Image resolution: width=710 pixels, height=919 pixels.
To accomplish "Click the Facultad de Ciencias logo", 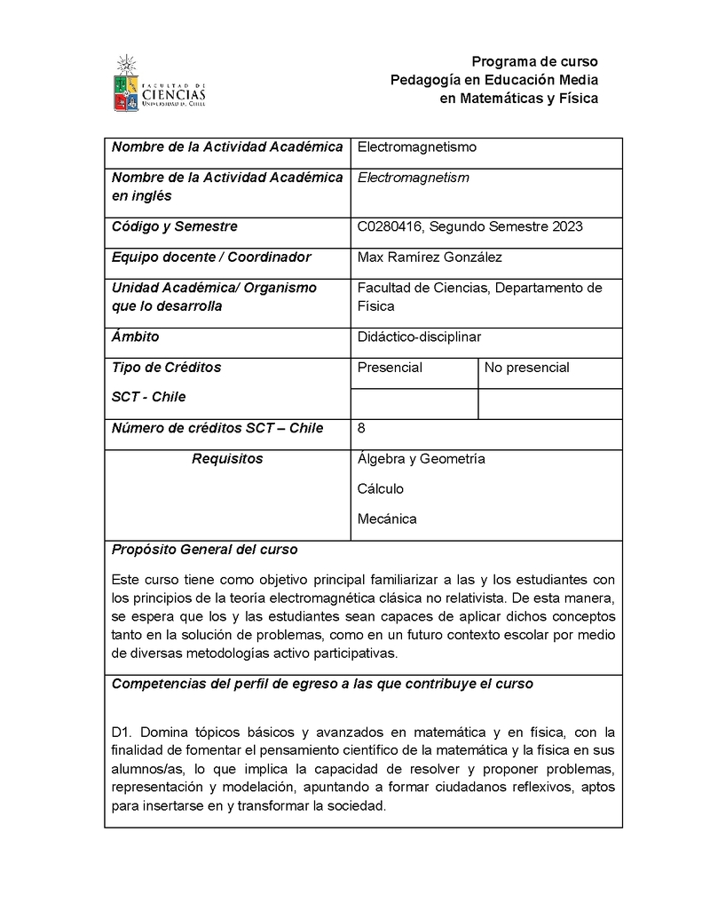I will [x=160, y=83].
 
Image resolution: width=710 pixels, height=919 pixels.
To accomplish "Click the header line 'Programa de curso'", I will [x=534, y=61].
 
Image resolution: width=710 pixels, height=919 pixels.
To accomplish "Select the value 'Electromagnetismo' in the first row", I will [x=416, y=147].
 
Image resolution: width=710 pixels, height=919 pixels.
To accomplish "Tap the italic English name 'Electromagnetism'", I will [x=413, y=178].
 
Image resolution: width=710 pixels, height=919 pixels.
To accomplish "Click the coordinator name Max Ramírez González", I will [x=429, y=257].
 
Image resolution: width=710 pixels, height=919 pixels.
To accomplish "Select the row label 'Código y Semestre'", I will [x=174, y=226].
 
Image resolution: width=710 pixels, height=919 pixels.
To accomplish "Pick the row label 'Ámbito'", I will [x=135, y=337].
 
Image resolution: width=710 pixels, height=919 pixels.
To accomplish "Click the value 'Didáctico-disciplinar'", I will [x=419, y=337].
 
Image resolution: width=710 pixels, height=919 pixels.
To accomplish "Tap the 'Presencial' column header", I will [x=390, y=368].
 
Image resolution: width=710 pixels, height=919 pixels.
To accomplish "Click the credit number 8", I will [x=361, y=428].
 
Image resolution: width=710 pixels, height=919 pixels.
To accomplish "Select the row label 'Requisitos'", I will [x=227, y=459].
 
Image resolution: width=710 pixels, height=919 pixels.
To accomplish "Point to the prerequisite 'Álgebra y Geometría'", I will [x=421, y=459].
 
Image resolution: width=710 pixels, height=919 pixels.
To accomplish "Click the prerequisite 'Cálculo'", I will [x=380, y=489].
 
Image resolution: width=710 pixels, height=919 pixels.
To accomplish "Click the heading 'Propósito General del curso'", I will [x=204, y=550].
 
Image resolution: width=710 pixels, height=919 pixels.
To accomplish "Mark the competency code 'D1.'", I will [x=122, y=733].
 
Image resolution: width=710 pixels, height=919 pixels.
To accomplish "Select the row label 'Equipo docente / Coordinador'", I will [x=211, y=257].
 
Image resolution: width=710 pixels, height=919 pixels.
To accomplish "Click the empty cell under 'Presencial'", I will [x=414, y=404].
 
